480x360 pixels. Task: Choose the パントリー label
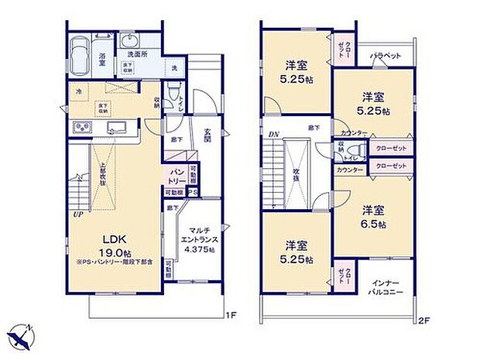[174, 176]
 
